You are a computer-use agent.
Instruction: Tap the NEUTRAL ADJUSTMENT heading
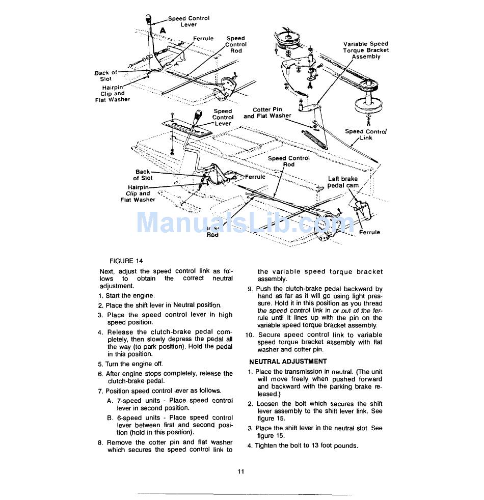(288, 362)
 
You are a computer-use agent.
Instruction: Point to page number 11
(241, 471)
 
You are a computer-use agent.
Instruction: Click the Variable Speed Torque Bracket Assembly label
(366, 50)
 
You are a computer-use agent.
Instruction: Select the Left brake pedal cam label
(343, 182)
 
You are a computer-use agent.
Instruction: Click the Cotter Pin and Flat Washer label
(267, 113)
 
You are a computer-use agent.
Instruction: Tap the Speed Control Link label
(366, 134)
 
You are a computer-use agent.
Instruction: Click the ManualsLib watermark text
(245, 223)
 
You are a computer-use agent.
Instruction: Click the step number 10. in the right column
(250, 335)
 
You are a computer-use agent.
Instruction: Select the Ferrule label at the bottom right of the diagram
(369, 232)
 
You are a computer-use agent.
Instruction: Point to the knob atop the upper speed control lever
(149, 20)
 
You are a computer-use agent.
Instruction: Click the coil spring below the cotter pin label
(316, 138)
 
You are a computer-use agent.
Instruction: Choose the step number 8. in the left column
(101, 442)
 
